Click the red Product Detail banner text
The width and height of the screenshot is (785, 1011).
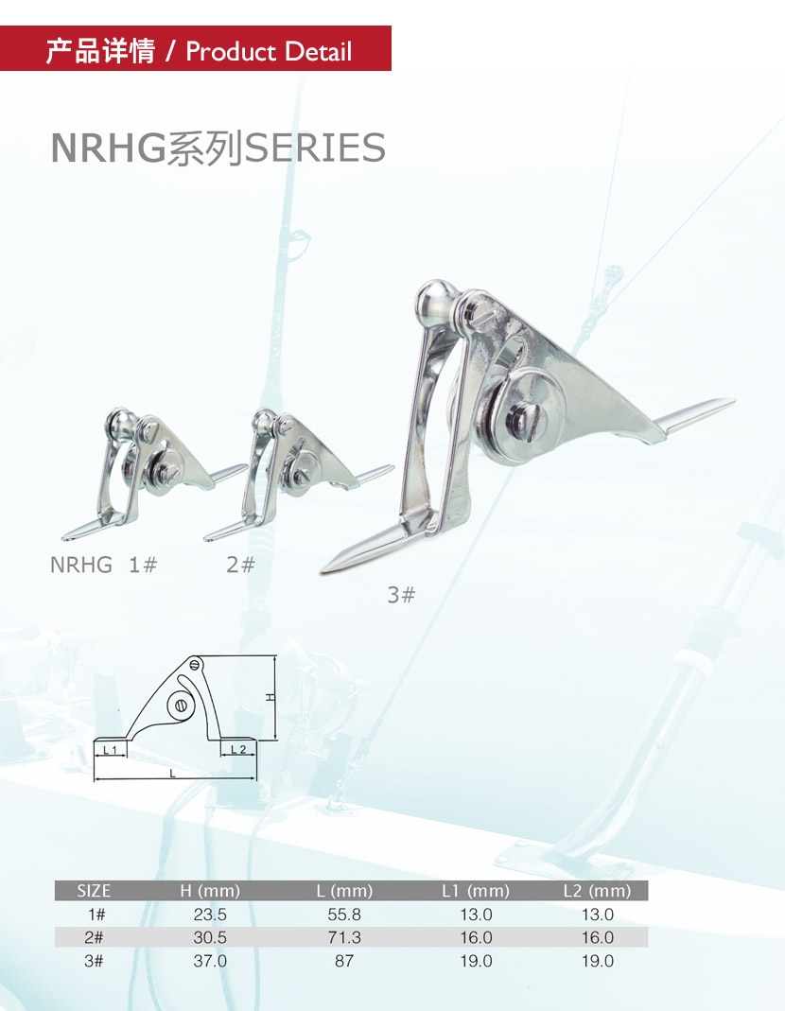(x=199, y=50)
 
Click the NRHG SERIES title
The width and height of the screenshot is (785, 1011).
(x=218, y=148)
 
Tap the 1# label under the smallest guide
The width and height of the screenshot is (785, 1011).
(x=143, y=565)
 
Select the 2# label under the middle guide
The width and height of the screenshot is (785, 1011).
(x=240, y=565)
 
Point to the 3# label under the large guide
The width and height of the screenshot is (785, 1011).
(x=401, y=595)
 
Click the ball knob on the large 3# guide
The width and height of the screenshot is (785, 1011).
(x=435, y=301)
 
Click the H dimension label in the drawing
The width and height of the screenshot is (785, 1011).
(x=270, y=697)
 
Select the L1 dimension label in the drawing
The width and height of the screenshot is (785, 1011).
(x=111, y=750)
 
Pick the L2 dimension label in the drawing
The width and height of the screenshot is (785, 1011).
(x=238, y=749)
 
